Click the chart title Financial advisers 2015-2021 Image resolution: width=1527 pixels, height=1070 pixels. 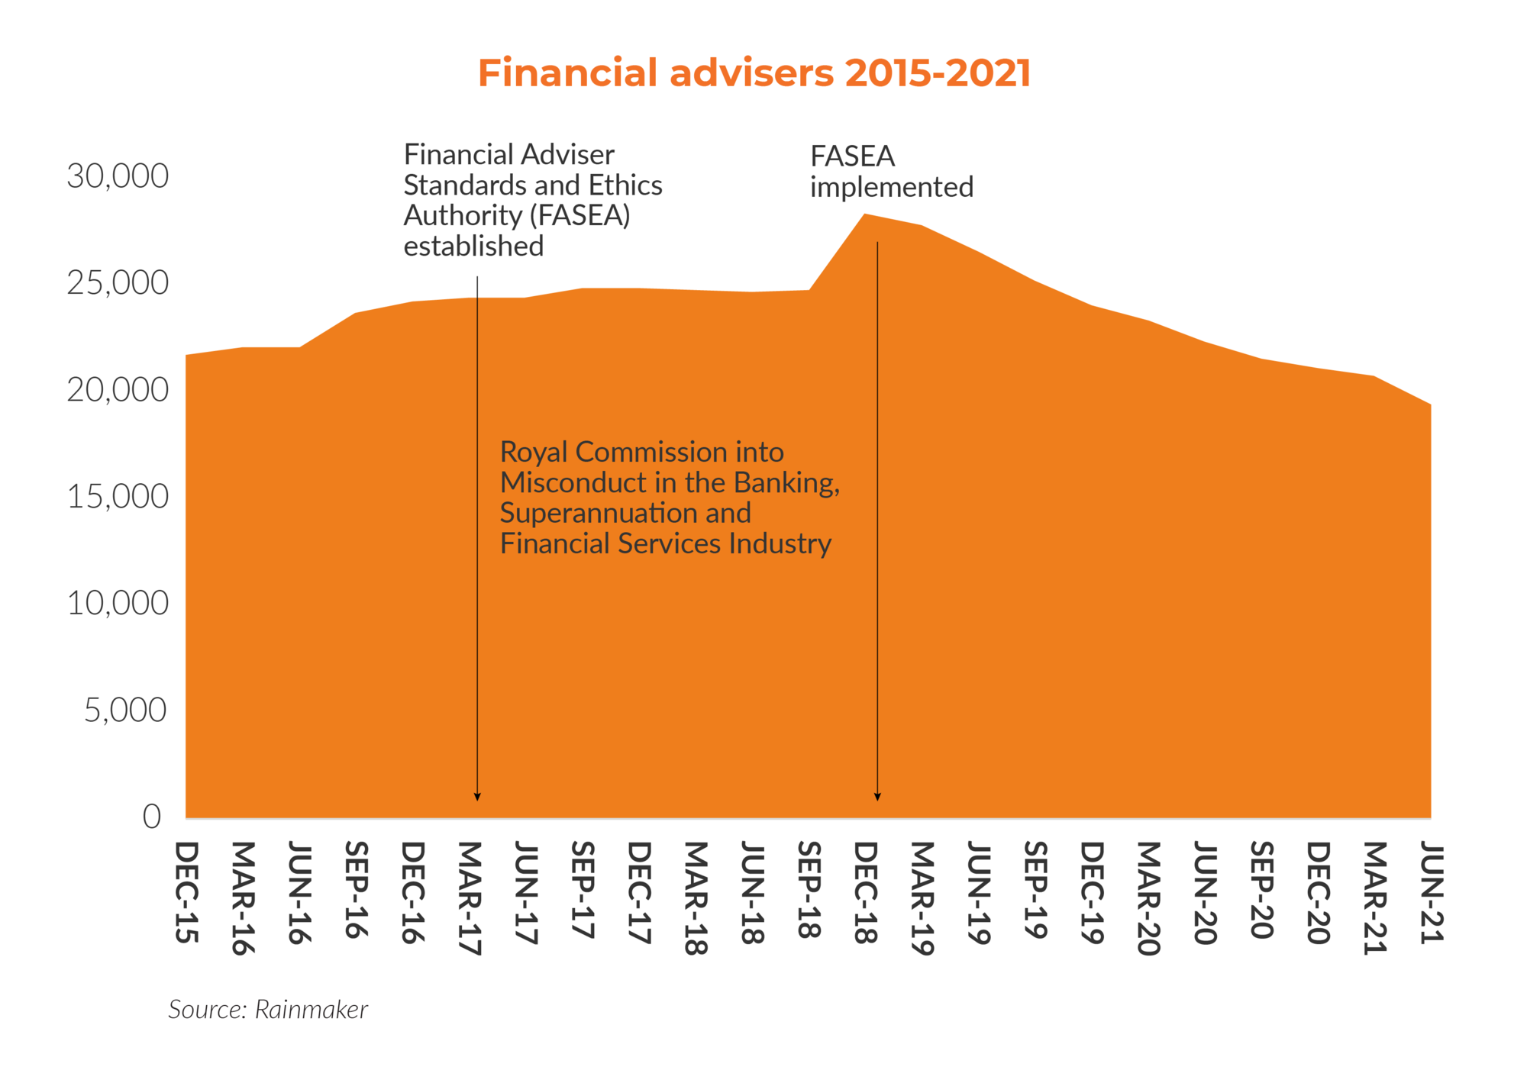(754, 73)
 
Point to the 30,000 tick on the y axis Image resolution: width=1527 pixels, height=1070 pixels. (118, 176)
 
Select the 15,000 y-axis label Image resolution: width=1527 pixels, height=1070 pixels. (118, 497)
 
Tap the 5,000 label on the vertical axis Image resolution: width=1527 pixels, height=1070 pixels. (125, 711)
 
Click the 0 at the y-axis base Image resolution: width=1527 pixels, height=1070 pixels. (152, 817)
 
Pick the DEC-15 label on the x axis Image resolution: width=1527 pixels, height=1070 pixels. (187, 892)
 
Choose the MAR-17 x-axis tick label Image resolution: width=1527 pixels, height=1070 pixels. (470, 898)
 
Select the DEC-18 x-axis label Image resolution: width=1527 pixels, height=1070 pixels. (866, 892)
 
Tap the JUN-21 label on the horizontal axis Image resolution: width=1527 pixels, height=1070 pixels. (1432, 892)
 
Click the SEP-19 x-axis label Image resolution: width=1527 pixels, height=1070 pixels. (1035, 890)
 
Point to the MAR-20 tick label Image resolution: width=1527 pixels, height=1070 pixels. (1148, 898)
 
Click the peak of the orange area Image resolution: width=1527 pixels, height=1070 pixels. (864, 215)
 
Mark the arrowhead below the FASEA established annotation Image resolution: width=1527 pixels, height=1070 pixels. (477, 797)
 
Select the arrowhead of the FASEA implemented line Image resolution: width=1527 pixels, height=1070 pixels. (877, 797)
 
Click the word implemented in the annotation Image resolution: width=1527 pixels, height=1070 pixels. (892, 187)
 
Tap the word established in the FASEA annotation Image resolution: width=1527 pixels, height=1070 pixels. (473, 247)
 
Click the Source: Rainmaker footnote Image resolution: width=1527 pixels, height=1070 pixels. (268, 1009)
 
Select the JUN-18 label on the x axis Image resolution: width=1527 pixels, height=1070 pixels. (753, 892)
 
